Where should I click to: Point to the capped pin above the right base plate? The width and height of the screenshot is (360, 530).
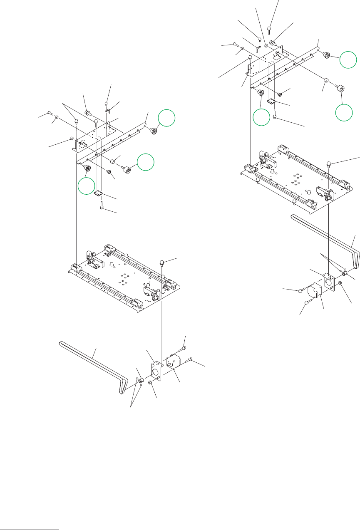pyautogui.click(x=329, y=162)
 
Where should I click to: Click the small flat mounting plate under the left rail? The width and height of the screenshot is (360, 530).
pyautogui.click(x=99, y=193)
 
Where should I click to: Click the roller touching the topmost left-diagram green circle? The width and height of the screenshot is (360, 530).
pyautogui.click(x=153, y=131)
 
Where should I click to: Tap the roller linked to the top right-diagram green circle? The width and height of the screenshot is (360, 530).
pyautogui.click(x=327, y=55)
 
